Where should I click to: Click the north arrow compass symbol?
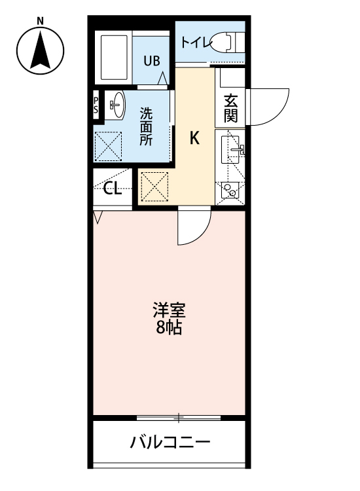point(40,51)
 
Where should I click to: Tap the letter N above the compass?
point(40,20)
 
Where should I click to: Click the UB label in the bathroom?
point(151,62)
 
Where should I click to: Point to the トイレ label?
point(196,43)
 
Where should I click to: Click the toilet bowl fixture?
point(228,43)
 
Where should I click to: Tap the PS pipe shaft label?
point(96,105)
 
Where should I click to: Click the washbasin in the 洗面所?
point(116,105)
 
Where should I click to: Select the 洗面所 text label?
point(145,125)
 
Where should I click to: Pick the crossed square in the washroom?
point(109,147)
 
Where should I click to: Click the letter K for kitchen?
point(194,138)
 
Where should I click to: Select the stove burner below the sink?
point(230,190)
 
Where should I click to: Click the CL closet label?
point(113,190)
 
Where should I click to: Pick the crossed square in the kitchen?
point(155,187)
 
